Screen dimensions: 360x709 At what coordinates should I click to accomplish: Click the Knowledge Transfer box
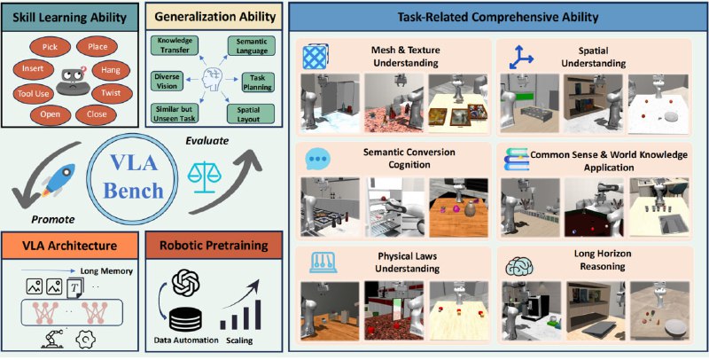[x=175, y=45]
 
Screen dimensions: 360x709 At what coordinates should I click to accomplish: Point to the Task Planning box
[x=260, y=83]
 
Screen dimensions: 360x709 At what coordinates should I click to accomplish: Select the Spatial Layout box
[x=256, y=113]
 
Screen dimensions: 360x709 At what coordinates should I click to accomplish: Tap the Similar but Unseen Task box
[x=175, y=113]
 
